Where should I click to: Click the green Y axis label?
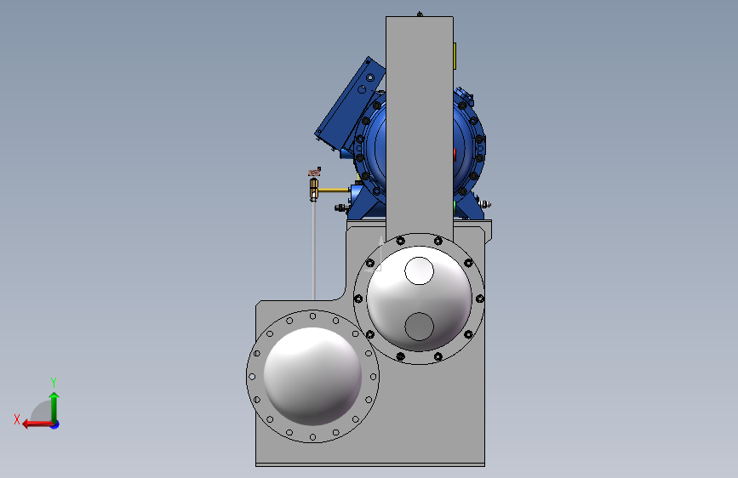pos(54,382)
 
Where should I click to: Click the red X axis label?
pos(17,419)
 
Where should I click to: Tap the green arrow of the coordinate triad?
pos(54,406)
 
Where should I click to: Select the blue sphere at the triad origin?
pos(55,424)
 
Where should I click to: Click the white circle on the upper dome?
pos(419,271)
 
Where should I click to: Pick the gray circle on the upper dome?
pos(419,327)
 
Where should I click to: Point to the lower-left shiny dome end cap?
pos(312,377)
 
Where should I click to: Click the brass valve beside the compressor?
pos(314,189)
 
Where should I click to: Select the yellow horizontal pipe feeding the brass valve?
pos(334,190)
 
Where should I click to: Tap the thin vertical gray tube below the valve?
pos(314,250)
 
